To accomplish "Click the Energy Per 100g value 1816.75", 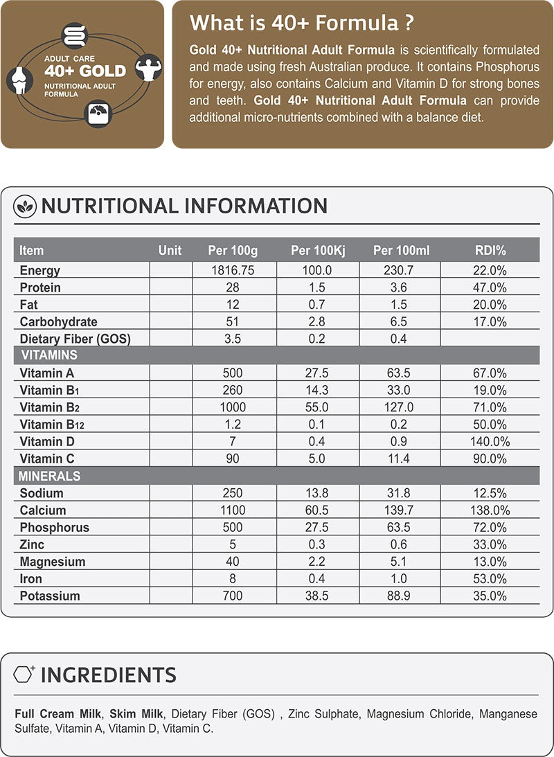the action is [233, 271].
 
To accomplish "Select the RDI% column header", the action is [490, 250].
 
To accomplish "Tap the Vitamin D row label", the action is [47, 442].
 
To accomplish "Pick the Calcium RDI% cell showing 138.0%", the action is [490, 510].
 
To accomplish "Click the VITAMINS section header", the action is [48, 355].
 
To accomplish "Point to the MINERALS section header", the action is [50, 477].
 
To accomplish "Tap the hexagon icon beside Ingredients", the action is [26, 674].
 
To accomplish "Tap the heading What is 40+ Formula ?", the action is [302, 23].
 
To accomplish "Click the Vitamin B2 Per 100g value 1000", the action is [233, 407].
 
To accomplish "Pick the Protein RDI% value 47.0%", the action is [490, 288].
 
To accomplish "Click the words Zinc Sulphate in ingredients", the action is [323, 714].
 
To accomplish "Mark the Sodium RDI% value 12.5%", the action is [490, 493].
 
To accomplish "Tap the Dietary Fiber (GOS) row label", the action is [75, 339].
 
